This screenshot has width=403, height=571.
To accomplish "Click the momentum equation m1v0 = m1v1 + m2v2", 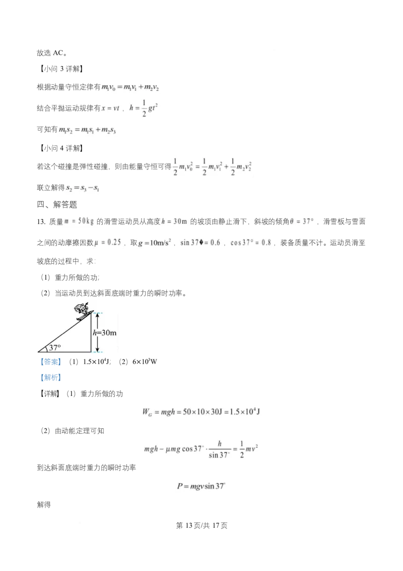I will [130, 87].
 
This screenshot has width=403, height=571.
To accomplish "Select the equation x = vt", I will [109, 107].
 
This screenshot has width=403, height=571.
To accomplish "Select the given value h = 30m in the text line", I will [174, 221].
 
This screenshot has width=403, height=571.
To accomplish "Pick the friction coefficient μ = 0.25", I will [107, 242].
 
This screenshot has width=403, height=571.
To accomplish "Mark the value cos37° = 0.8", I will [251, 242].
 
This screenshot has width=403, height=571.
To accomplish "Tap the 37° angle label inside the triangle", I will [54, 347].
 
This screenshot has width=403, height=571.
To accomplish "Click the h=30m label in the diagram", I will [105, 333].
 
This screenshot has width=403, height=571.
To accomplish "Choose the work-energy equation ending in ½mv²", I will [201, 449].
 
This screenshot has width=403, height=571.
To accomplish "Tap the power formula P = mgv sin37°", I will [201, 487].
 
